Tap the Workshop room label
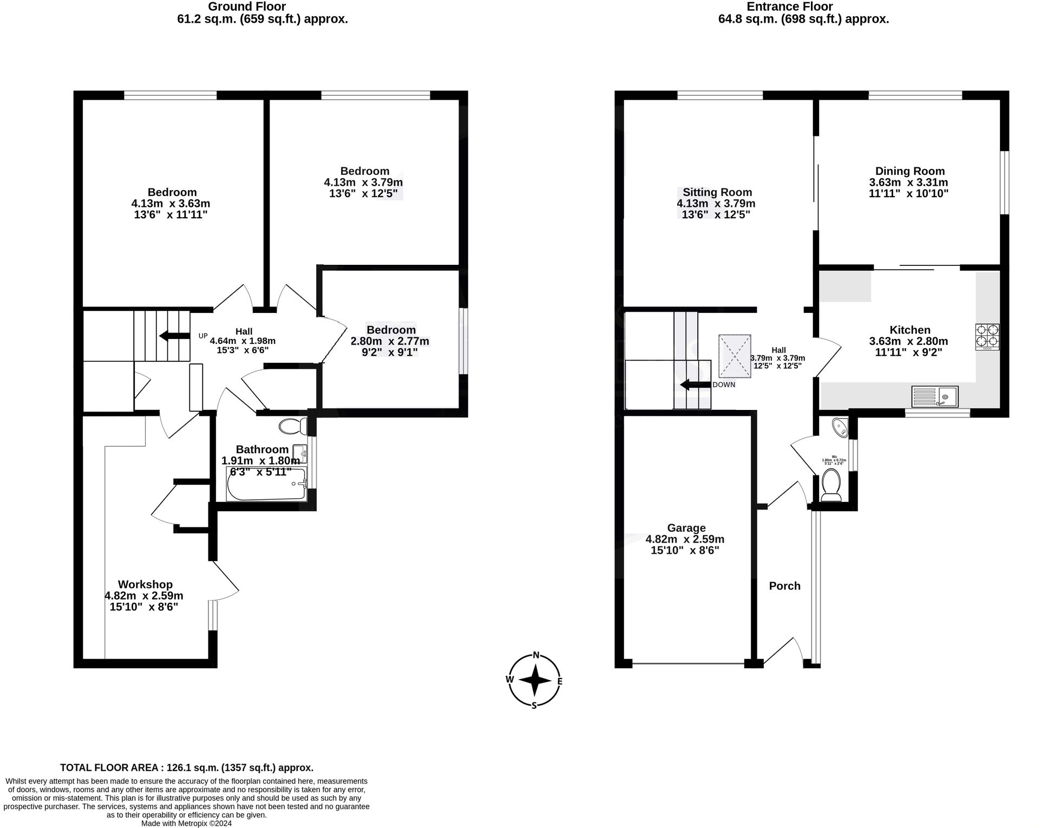tap(145, 584)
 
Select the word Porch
tap(784, 586)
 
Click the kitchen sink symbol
tap(934, 396)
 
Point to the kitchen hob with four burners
tap(987, 337)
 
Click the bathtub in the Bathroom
tap(266, 483)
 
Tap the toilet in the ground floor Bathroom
tap(293, 427)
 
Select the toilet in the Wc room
tap(830, 484)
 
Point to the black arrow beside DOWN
tap(695, 384)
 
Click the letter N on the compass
tap(536, 655)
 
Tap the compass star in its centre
tap(535, 681)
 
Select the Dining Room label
tap(909, 171)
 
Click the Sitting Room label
tap(717, 192)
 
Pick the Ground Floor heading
tap(247, 6)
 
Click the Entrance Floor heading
tap(789, 6)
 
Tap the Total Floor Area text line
tap(186, 767)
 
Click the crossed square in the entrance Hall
tap(735, 356)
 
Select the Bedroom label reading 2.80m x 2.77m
tap(391, 330)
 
